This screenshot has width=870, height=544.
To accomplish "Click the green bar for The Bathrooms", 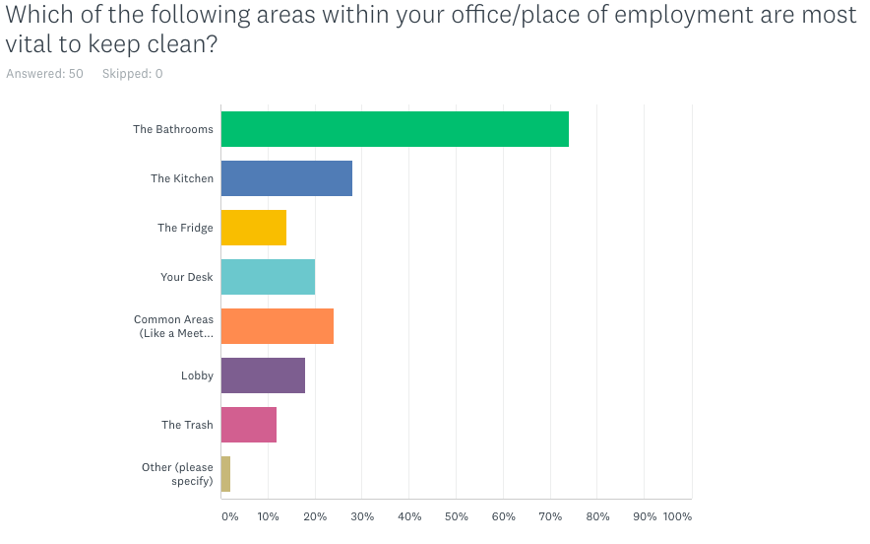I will click(395, 129).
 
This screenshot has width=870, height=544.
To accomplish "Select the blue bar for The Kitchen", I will click(286, 178).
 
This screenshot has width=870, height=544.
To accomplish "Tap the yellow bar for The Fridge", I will click(254, 228).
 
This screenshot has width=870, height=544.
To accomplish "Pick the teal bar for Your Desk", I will click(268, 277).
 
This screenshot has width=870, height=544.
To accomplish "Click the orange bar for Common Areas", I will click(278, 326).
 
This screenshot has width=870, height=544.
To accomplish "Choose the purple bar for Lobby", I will click(263, 375).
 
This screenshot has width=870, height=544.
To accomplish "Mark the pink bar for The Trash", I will click(249, 425).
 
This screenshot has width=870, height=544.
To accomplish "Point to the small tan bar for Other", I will click(225, 474).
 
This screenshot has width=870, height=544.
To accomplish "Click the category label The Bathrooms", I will click(173, 129).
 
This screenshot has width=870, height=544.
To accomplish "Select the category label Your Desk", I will click(187, 277).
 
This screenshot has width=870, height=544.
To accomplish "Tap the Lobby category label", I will click(197, 375).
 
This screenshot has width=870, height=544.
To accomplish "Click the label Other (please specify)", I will click(177, 474).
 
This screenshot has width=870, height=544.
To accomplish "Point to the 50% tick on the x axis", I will click(456, 516).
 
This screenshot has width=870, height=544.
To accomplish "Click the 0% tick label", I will click(229, 516).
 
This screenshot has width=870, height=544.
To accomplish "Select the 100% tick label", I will click(677, 516).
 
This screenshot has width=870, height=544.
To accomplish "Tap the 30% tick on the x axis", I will click(362, 516).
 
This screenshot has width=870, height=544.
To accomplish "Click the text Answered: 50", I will click(44, 74).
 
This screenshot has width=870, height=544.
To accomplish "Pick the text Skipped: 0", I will click(132, 74).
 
